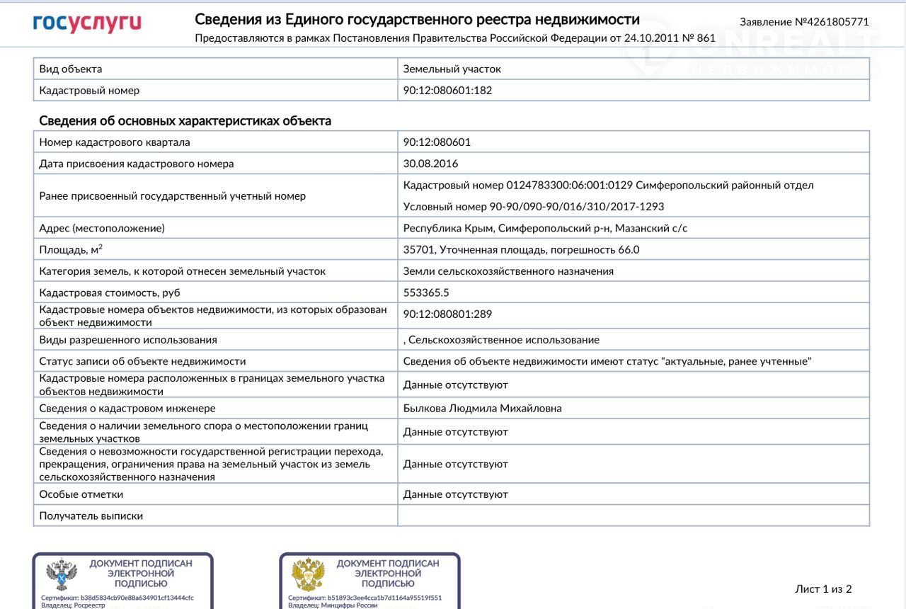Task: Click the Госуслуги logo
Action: click(x=87, y=23)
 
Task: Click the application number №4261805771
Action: click(x=804, y=22)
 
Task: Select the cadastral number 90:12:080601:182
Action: click(x=447, y=91)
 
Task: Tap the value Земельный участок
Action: click(x=452, y=69)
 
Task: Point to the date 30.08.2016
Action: click(x=430, y=164)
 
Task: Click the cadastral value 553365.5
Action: click(x=426, y=292)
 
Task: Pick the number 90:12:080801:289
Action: click(x=447, y=314)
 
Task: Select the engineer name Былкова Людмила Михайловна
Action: click(x=483, y=409)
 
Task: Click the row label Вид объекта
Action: click(x=71, y=69)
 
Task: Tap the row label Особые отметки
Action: click(x=81, y=494)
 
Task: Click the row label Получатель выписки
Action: click(x=91, y=516)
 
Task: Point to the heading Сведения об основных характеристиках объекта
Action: click(x=185, y=121)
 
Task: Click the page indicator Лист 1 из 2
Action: click(x=823, y=589)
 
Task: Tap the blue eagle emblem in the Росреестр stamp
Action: click(x=62, y=574)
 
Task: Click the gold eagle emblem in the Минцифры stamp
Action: click(x=309, y=574)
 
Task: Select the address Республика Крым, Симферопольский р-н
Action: click(x=545, y=228)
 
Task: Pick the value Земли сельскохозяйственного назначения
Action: click(x=508, y=271)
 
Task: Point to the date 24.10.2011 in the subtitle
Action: click(x=650, y=38)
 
